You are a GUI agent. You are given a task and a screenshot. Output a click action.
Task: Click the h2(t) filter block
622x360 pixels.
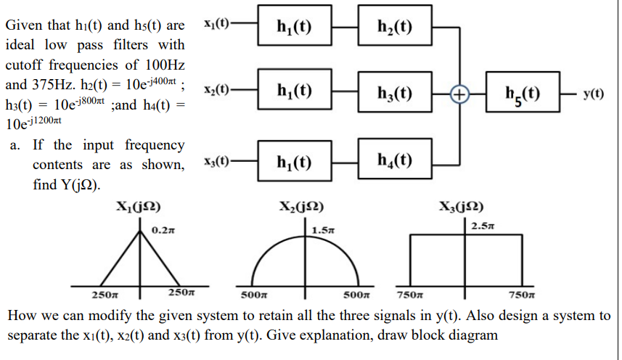tap(396, 28)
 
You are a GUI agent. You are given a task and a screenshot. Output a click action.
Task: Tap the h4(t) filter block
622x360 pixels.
tap(396, 160)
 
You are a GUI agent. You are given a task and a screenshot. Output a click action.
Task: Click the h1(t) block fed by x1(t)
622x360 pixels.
tap(294, 28)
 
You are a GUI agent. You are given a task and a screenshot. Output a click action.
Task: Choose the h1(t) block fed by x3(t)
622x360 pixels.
tap(294, 160)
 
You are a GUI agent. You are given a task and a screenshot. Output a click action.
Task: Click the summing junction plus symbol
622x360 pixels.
tap(459, 94)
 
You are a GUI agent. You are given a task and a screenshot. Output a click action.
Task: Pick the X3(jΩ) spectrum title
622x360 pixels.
tap(461, 205)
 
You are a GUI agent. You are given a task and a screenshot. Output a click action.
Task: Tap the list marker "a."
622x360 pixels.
tap(16, 145)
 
